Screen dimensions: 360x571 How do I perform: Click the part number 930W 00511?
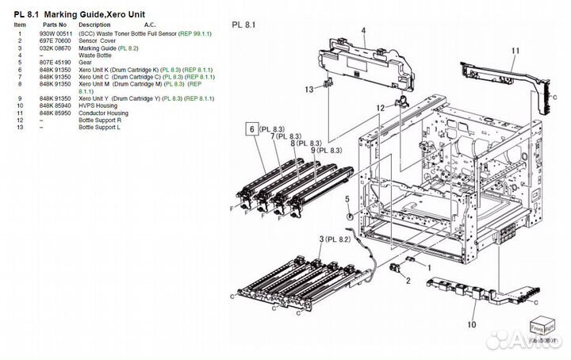coord(56,33)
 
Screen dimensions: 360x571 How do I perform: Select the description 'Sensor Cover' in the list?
coord(95,40)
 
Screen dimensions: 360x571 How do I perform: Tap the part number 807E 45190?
coord(56,62)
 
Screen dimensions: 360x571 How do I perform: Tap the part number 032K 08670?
coord(56,48)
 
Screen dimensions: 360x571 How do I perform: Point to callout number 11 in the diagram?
coord(515,52)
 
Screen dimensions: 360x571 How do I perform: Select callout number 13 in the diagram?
coord(308,90)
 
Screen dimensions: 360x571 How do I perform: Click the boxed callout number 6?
coord(252,128)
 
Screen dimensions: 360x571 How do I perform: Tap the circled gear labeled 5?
coord(349,216)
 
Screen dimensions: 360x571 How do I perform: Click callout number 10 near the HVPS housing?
coord(471,324)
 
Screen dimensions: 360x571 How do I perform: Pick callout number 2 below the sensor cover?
coord(408,280)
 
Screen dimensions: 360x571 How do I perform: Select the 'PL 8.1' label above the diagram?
coord(243,25)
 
